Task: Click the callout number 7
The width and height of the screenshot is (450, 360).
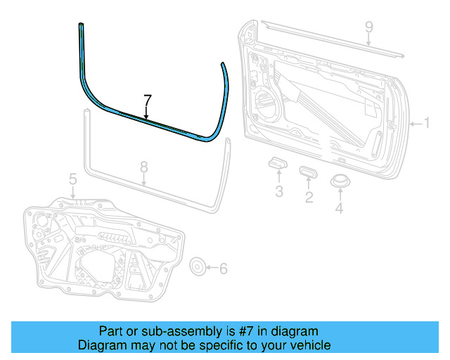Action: pos(147,99)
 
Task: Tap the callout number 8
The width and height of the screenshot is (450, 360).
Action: pos(143,167)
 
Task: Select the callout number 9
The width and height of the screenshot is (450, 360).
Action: pos(368,28)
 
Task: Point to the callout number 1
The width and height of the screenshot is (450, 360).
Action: pos(425,124)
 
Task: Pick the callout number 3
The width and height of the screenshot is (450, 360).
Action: pos(278,192)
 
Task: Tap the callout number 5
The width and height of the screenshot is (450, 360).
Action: pos(72,181)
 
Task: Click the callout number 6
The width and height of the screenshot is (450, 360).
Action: pos(224,268)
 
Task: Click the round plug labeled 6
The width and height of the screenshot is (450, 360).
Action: pos(199,266)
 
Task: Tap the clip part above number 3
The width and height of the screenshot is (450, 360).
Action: pos(276,164)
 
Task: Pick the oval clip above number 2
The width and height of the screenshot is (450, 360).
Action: pos(308,171)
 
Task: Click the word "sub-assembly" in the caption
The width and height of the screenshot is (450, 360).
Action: pos(173,331)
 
